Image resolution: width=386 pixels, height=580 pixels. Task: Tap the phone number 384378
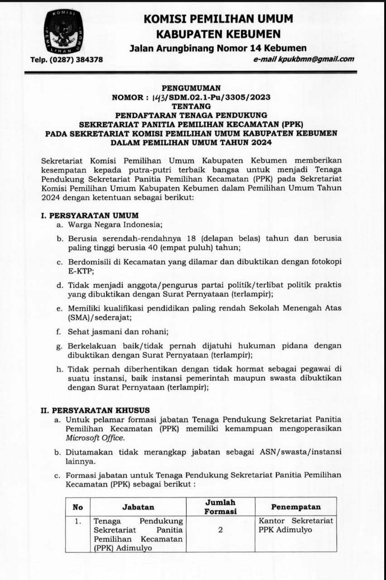point(87,59)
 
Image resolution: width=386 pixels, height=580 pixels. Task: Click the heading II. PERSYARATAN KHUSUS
point(95,411)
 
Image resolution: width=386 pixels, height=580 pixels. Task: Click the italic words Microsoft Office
point(95,438)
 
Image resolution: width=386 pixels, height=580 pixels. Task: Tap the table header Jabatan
point(138,507)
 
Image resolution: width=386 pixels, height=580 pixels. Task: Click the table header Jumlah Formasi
point(221,507)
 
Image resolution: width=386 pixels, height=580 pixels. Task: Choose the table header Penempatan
point(296,507)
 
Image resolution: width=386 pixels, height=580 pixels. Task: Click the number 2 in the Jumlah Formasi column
point(221,530)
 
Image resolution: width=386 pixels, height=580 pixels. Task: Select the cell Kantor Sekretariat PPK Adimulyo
point(296,525)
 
